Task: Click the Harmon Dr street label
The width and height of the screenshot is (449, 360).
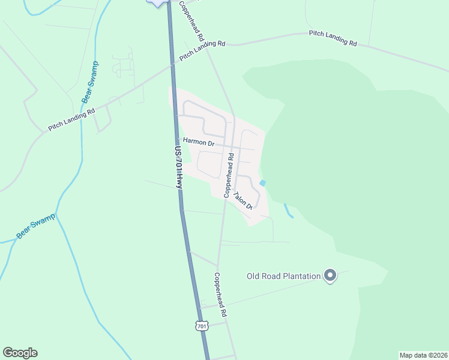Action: click(x=199, y=143)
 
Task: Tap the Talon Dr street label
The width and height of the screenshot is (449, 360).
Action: click(x=243, y=200)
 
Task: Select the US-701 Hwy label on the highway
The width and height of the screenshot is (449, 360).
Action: click(x=178, y=169)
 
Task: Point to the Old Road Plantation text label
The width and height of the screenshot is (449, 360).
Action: click(x=284, y=276)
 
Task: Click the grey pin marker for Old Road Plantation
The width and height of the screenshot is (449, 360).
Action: click(x=330, y=275)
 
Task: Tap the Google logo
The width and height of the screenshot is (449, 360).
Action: click(x=20, y=353)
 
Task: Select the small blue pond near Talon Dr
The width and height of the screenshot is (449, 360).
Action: click(x=262, y=183)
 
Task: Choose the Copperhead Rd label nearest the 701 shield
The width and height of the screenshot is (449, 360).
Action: click(x=220, y=295)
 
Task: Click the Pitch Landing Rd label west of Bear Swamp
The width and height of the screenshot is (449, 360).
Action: click(x=72, y=119)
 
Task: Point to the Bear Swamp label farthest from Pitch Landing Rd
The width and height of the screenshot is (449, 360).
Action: click(x=36, y=226)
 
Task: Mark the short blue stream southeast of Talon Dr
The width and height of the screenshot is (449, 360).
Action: click(x=288, y=211)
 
